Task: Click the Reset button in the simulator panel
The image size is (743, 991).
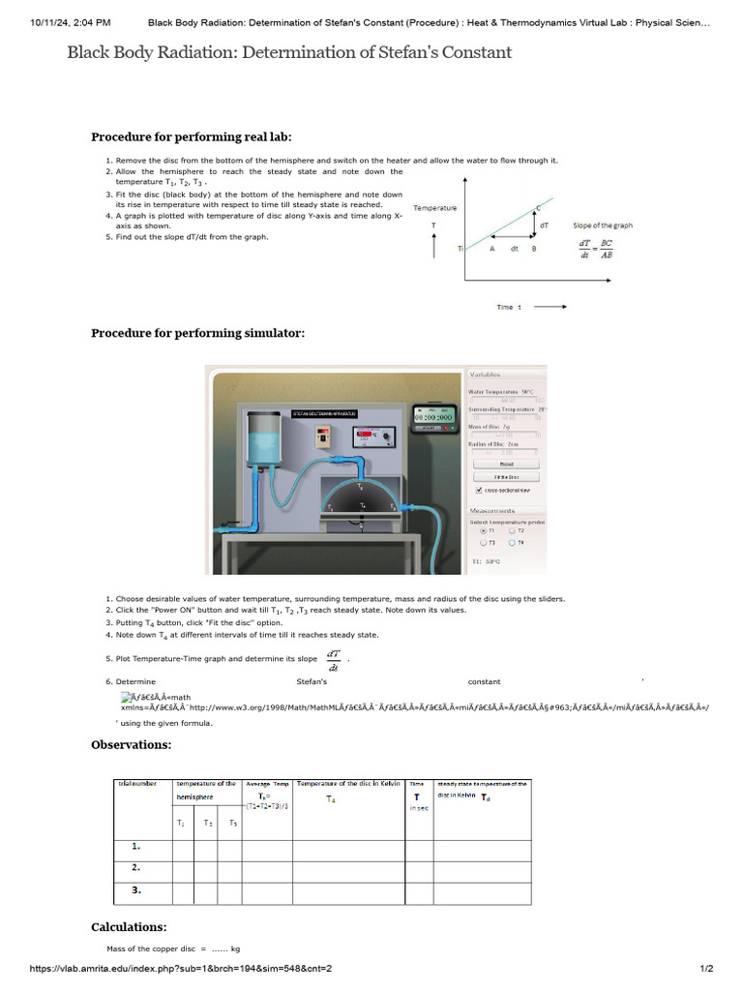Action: pyautogui.click(x=506, y=464)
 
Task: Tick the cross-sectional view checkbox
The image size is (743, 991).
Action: pyautogui.click(x=479, y=490)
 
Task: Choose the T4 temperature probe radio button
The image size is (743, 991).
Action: pyautogui.click(x=513, y=543)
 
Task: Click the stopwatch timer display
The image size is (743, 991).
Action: pyautogui.click(x=432, y=417)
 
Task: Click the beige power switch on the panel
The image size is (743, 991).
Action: pyautogui.click(x=323, y=436)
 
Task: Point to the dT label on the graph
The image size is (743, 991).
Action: pyautogui.click(x=545, y=225)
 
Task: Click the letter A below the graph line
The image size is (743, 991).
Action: pyautogui.click(x=490, y=249)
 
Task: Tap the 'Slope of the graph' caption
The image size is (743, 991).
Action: pyautogui.click(x=603, y=225)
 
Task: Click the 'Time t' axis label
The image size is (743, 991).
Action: pyautogui.click(x=508, y=307)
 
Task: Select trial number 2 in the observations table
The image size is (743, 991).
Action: pyautogui.click(x=136, y=867)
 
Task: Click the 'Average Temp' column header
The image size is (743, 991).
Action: pyautogui.click(x=267, y=783)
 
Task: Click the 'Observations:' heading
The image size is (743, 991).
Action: pyautogui.click(x=131, y=744)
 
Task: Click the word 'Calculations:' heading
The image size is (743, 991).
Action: pyautogui.click(x=129, y=926)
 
